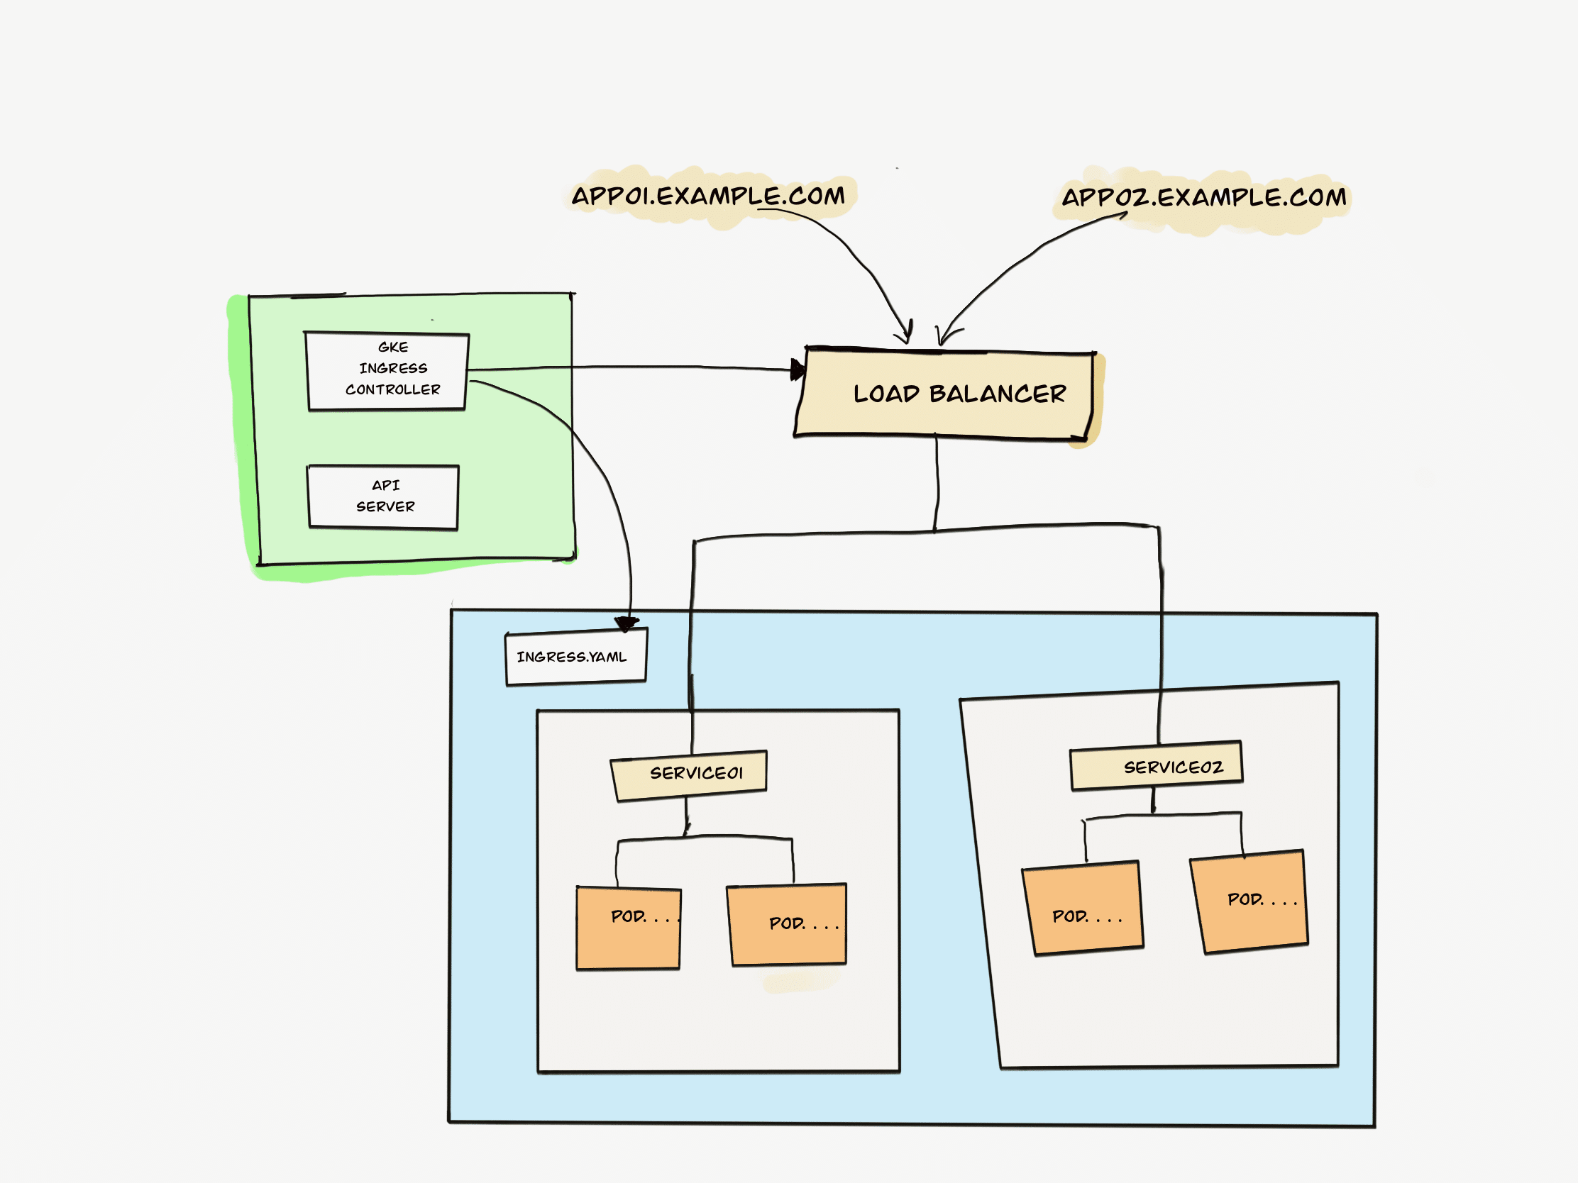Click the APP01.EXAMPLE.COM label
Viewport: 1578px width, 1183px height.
tap(707, 196)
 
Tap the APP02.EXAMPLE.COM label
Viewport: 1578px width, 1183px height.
tap(1203, 198)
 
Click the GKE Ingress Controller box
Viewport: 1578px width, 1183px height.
tap(387, 371)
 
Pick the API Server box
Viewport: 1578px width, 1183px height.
tap(383, 497)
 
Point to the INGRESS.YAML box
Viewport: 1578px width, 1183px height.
tap(575, 657)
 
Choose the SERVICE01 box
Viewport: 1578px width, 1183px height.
tap(690, 774)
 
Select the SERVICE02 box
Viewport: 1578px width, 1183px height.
tap(1157, 767)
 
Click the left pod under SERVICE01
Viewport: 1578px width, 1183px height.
tap(629, 928)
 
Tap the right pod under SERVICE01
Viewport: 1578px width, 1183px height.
tap(787, 924)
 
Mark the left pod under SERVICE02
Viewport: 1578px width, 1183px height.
tap(1083, 909)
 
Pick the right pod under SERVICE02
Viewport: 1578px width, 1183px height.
tap(1249, 901)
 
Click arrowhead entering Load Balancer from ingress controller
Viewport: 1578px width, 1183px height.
tap(798, 370)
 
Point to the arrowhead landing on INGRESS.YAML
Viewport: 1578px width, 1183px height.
tap(627, 624)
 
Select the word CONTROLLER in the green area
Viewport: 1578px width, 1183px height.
tap(393, 390)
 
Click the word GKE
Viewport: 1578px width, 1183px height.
tap(393, 348)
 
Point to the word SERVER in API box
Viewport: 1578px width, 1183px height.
tap(385, 507)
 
